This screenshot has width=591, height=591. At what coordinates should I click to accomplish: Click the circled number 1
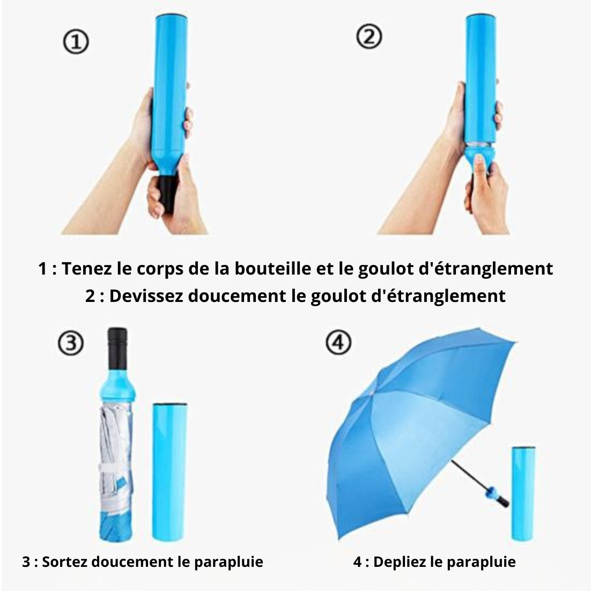click(x=76, y=41)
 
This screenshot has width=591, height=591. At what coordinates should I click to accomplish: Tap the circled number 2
click(x=369, y=36)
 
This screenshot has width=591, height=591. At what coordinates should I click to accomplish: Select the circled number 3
click(x=70, y=343)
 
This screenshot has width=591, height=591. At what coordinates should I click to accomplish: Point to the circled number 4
click(x=338, y=342)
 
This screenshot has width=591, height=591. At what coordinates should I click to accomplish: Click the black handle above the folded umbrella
click(x=117, y=348)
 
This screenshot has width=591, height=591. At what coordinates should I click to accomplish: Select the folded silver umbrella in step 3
click(x=116, y=471)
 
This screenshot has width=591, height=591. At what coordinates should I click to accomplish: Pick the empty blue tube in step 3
click(x=169, y=472)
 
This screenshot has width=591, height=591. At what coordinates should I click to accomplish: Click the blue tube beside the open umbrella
click(x=523, y=494)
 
